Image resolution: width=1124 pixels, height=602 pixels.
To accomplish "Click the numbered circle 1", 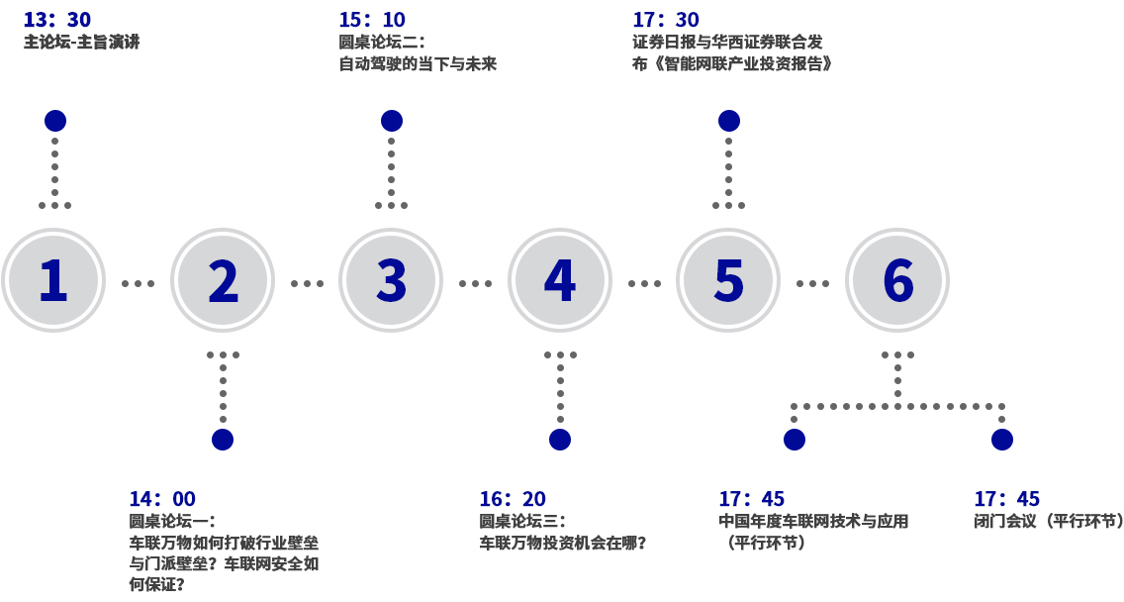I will tap(53, 280).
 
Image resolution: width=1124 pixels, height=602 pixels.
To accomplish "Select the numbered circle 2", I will tap(223, 280).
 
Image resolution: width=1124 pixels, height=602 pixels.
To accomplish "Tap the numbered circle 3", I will tap(391, 280).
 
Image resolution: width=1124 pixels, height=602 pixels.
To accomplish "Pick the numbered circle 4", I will tap(560, 280).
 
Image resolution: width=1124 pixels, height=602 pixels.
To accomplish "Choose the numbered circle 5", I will tap(728, 280).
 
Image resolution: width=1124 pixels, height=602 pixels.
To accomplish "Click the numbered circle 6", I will tap(897, 280).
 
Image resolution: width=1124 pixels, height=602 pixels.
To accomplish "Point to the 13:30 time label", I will tap(57, 20).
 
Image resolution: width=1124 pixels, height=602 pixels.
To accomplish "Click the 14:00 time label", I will tap(162, 499).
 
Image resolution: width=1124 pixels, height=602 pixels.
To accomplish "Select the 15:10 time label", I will tap(372, 20).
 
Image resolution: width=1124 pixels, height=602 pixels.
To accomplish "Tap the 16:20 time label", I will tap(513, 499).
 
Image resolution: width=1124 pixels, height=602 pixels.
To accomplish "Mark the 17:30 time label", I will tap(666, 20).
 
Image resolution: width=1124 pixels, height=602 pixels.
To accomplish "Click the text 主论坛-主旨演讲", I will tap(81, 43).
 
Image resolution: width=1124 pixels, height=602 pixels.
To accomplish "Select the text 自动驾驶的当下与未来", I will tap(418, 64).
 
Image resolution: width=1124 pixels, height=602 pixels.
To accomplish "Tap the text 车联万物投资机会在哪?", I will tap(563, 543).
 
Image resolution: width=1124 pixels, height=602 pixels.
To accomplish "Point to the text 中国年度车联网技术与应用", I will tap(813, 521).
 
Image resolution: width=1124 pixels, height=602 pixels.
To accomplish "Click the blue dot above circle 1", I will tap(55, 121).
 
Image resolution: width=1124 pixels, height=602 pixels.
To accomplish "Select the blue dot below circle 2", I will tap(223, 440).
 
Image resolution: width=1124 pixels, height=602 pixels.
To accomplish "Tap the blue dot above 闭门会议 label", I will tap(1002, 440).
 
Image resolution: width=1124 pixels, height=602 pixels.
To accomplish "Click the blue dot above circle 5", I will tap(729, 121).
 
